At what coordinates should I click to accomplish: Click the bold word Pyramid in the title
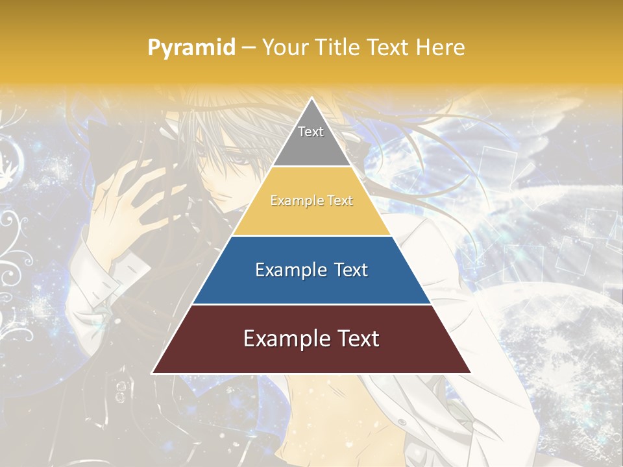click(191, 48)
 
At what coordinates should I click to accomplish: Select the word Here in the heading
click(439, 47)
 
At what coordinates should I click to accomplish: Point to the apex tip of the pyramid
click(311, 99)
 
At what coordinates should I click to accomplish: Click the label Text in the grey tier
click(311, 132)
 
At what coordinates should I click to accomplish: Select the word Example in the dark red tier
click(284, 339)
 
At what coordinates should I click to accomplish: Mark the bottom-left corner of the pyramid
click(153, 373)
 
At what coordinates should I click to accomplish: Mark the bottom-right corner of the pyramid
click(470, 373)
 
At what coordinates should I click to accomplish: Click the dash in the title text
click(249, 48)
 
